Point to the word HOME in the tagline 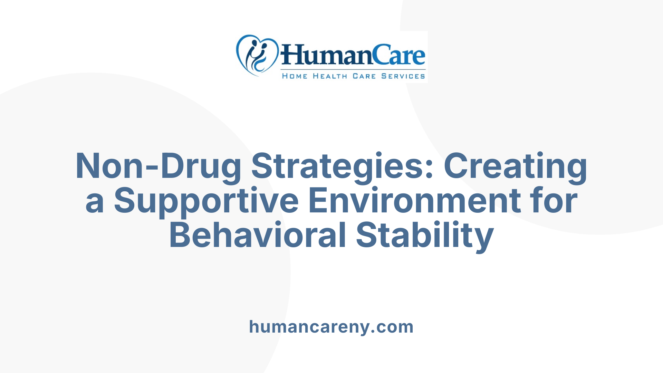click(x=295, y=76)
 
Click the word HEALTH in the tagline click(x=330, y=76)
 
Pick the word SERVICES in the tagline click(x=403, y=76)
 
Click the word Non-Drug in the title click(x=158, y=166)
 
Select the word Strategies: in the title click(x=342, y=166)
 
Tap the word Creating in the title click(x=515, y=166)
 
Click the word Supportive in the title click(x=206, y=201)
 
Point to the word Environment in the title click(x=414, y=201)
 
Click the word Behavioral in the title click(x=258, y=235)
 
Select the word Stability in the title click(x=425, y=235)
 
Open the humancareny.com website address click(x=331, y=327)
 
